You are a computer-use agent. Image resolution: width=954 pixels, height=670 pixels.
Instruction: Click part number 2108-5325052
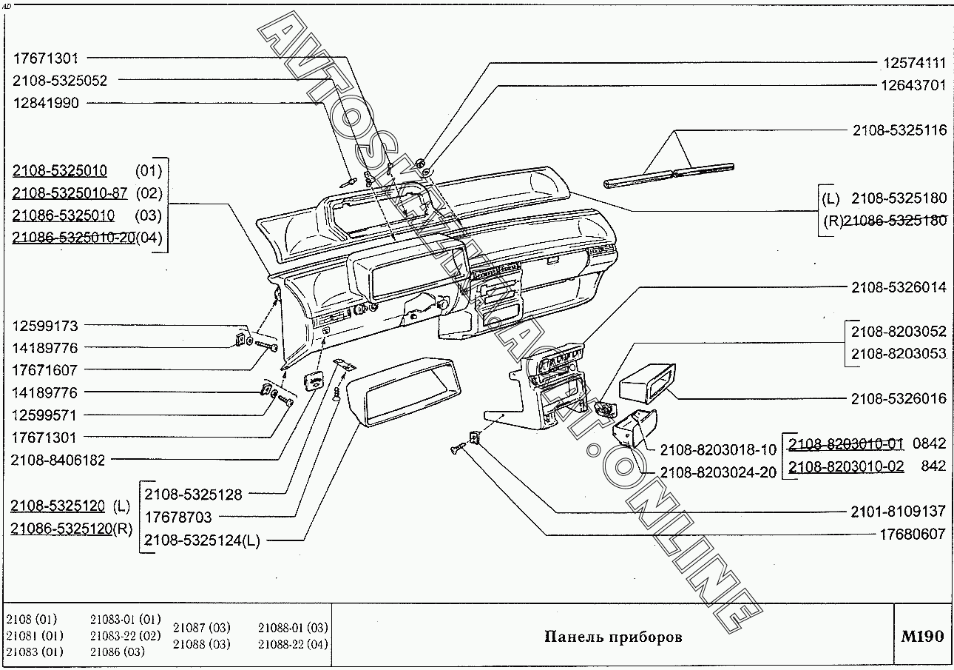click(x=60, y=81)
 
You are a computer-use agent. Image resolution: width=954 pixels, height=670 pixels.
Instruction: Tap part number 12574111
click(x=913, y=64)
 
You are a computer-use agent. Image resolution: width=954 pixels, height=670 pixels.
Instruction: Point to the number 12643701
click(x=913, y=85)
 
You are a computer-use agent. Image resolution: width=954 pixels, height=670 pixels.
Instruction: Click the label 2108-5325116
click(x=899, y=130)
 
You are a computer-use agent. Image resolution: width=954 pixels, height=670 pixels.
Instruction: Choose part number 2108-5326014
click(x=899, y=287)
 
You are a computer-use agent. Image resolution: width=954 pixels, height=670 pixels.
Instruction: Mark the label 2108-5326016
click(x=899, y=398)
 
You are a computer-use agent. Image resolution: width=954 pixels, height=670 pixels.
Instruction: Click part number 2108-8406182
click(x=58, y=460)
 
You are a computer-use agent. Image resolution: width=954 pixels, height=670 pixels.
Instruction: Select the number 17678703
click(x=178, y=517)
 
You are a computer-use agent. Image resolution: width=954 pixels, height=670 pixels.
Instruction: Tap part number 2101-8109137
click(x=899, y=511)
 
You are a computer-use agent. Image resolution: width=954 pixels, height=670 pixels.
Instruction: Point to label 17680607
click(x=913, y=533)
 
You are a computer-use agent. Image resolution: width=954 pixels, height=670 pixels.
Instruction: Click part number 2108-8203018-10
click(x=718, y=449)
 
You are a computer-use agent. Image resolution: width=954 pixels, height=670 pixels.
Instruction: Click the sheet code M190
click(x=922, y=637)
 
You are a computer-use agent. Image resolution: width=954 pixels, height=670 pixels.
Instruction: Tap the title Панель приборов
click(x=613, y=637)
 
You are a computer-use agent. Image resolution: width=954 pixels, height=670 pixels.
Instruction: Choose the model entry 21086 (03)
click(x=117, y=652)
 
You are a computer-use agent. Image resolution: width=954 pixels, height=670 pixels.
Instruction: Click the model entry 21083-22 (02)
click(x=125, y=636)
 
